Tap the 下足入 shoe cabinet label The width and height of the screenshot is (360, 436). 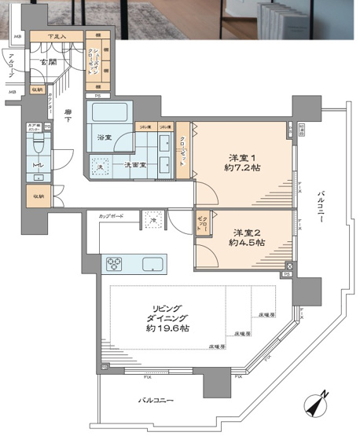coord(55,36)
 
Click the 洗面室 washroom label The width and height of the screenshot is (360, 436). coord(134,163)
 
